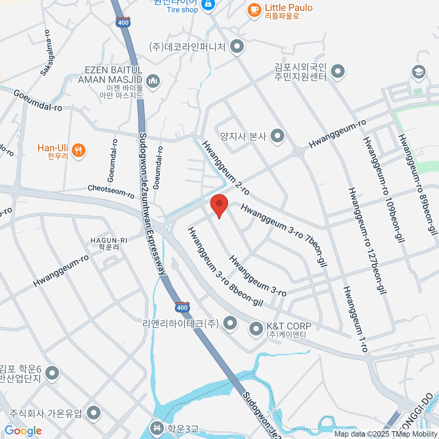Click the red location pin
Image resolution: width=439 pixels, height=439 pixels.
219,205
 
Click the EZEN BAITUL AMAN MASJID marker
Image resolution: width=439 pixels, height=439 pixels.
153,81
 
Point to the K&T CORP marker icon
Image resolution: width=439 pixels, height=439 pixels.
256,329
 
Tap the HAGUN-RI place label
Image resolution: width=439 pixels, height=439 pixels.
109,244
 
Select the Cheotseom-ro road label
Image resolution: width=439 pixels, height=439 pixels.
111,191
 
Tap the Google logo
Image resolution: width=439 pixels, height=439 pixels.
23,431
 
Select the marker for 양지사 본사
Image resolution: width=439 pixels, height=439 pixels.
277,136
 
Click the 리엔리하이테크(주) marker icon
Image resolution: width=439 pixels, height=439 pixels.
230,323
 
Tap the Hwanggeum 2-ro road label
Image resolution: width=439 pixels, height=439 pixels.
225,168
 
